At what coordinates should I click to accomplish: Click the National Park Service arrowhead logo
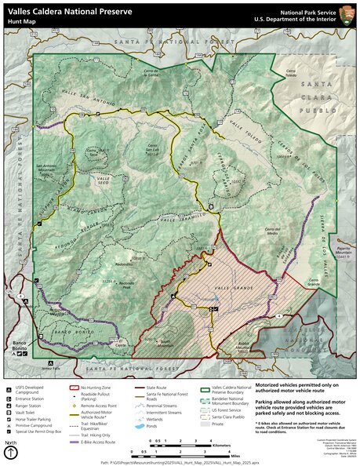(345, 14)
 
